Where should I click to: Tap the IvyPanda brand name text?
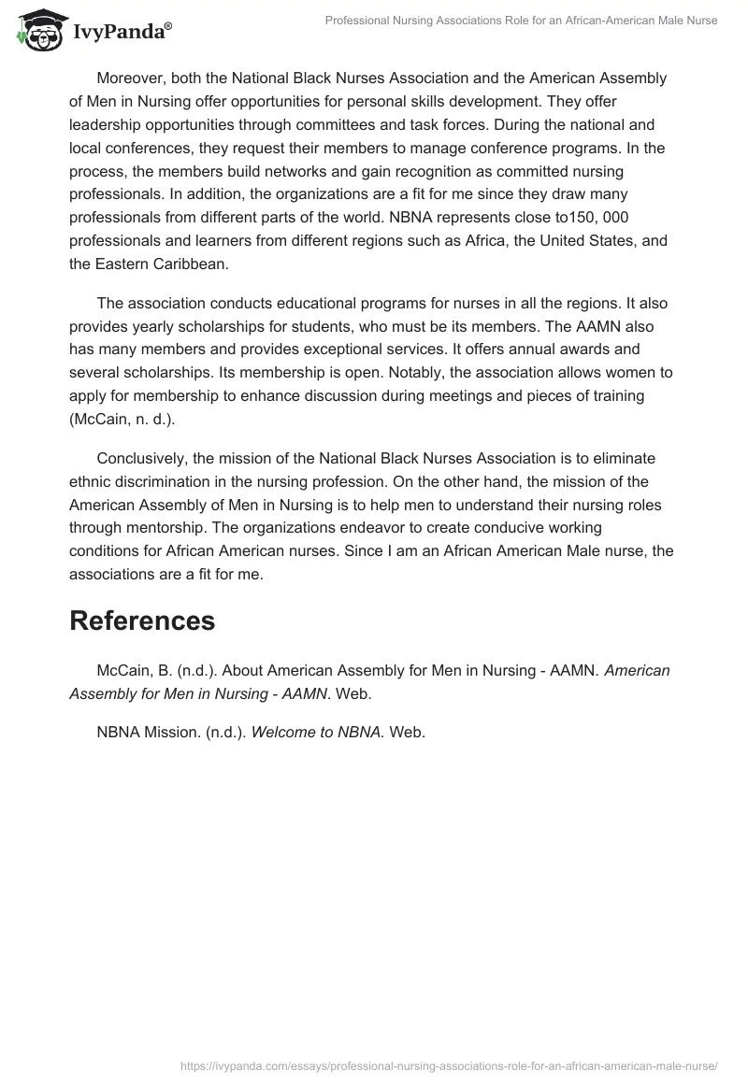click(x=122, y=33)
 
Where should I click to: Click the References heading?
click(x=142, y=620)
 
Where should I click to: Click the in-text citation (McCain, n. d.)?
click(x=122, y=421)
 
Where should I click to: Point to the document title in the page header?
click(x=521, y=21)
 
